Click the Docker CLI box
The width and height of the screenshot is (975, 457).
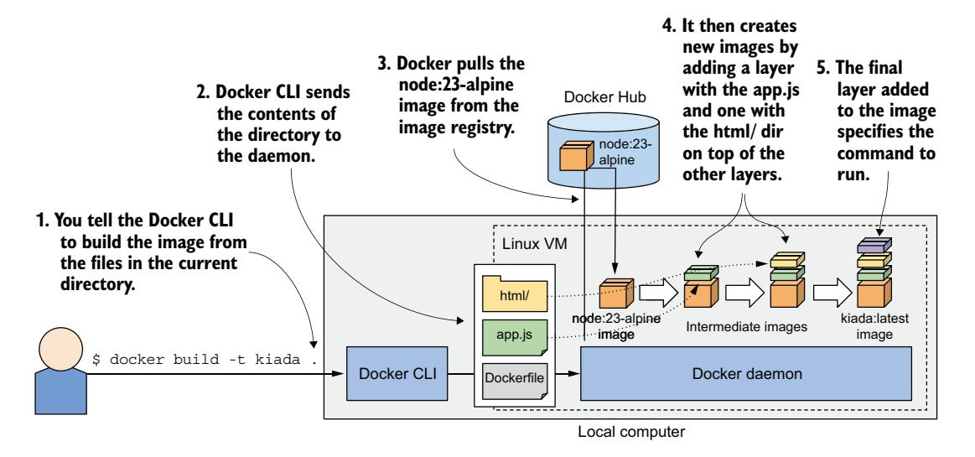pyautogui.click(x=386, y=372)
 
